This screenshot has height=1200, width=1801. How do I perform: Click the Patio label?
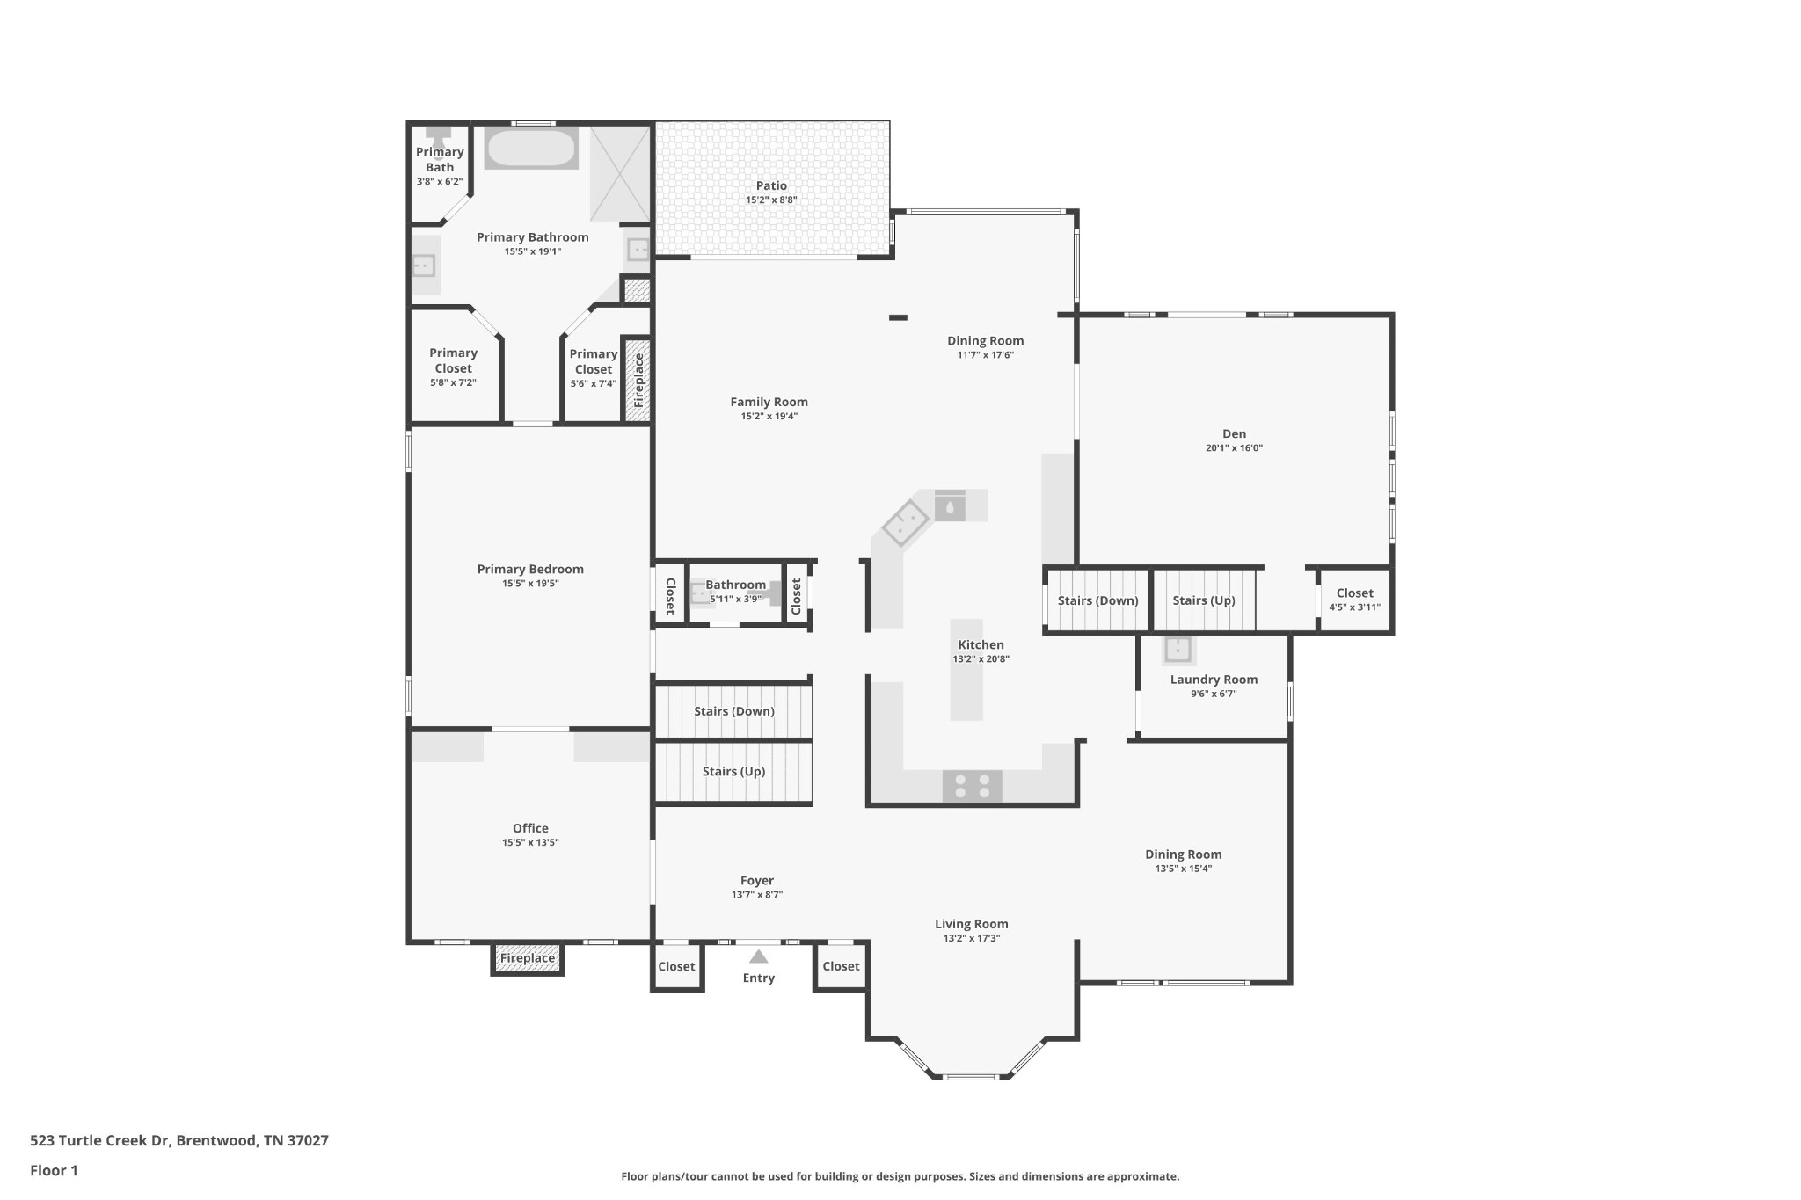point(771,185)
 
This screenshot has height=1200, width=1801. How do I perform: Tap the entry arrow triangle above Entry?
point(758,956)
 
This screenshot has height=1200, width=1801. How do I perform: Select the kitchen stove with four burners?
point(972,786)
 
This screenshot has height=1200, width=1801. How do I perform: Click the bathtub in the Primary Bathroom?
point(530,149)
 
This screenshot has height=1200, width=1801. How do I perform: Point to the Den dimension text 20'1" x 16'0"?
point(1234,447)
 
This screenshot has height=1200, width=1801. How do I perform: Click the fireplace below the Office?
point(527,958)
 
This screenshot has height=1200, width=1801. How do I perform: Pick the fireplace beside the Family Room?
point(638,380)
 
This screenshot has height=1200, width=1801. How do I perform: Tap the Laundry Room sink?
point(1178,650)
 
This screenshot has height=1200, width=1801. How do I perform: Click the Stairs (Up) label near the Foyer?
point(733,771)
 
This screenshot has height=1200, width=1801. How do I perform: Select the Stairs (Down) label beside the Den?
point(1097,600)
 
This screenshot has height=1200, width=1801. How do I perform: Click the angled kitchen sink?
point(906,524)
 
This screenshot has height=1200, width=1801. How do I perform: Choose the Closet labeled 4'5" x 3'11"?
point(1354,600)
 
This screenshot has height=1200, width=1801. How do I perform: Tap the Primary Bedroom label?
point(530,569)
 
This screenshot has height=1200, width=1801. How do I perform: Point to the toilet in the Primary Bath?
point(438,135)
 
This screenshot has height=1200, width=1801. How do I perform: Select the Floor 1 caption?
point(54,1170)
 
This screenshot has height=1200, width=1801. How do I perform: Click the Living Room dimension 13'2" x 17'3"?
point(971,938)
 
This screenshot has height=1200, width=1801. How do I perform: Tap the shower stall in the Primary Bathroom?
point(620,173)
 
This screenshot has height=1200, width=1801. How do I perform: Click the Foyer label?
point(756,880)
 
